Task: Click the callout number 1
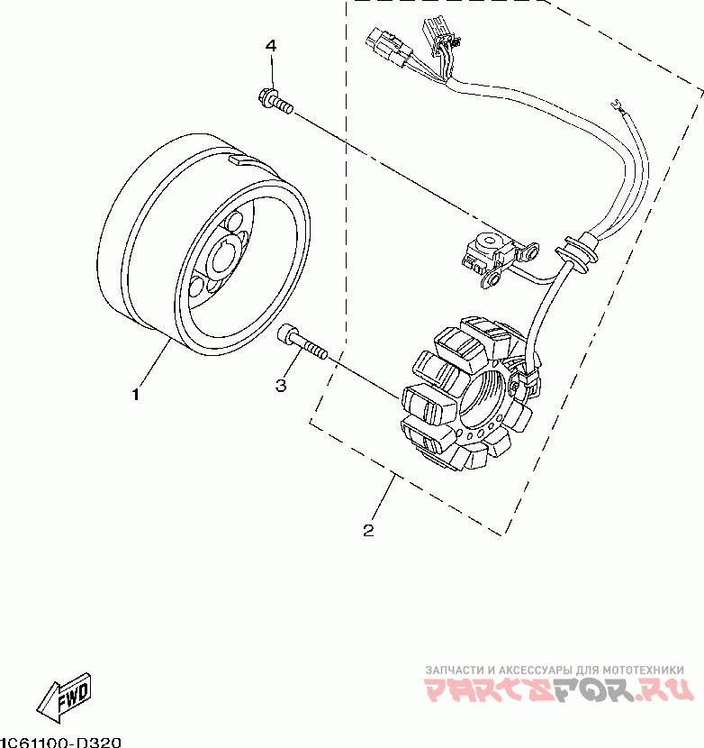click(x=137, y=395)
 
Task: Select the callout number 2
click(x=368, y=531)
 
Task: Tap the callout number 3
click(x=281, y=386)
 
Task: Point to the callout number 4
click(x=271, y=46)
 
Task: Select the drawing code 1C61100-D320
click(x=59, y=742)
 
